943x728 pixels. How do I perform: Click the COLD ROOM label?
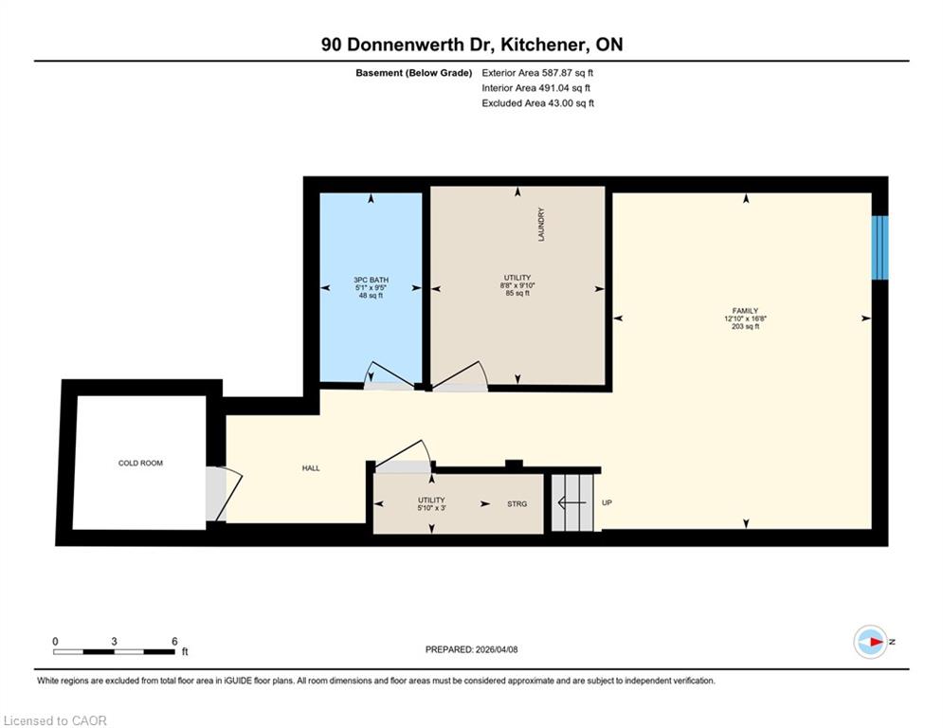(x=140, y=464)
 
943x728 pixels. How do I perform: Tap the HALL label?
(x=311, y=468)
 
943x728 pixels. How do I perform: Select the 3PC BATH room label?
(x=372, y=280)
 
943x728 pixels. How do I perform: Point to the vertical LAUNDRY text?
(x=541, y=225)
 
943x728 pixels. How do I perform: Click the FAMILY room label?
(x=745, y=311)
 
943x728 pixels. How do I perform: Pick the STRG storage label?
(x=517, y=504)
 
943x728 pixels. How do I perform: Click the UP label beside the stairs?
(x=607, y=502)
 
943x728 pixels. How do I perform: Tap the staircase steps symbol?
(x=573, y=503)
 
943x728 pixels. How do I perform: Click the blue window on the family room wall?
(x=880, y=248)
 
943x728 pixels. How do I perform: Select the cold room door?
(x=224, y=494)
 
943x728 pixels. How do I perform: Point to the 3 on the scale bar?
(x=114, y=642)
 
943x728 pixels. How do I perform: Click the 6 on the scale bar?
(x=174, y=642)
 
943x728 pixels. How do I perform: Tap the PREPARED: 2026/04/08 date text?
(x=472, y=649)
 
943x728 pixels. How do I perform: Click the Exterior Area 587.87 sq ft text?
(x=537, y=73)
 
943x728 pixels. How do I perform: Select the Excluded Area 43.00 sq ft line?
(x=537, y=103)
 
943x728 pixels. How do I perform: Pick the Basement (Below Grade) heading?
(x=414, y=73)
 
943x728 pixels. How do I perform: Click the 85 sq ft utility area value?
(x=517, y=294)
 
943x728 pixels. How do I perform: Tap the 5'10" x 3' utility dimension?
(x=432, y=508)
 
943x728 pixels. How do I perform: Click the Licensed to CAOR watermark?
(x=55, y=720)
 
